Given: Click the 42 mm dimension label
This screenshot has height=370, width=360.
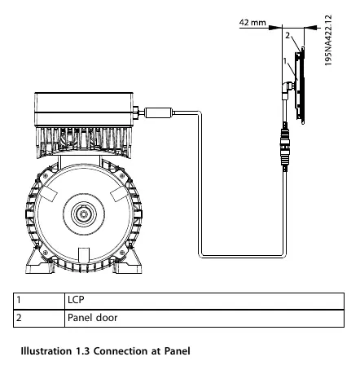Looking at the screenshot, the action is coord(252,22).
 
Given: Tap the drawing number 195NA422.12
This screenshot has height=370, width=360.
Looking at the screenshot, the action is coord(328,40).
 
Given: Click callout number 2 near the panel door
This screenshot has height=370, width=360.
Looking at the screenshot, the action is coord(288,35).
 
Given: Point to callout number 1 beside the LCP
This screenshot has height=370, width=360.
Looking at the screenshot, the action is coord(285,60).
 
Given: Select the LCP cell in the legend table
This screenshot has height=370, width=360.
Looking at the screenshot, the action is coord(204,301).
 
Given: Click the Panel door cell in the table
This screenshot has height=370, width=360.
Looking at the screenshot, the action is coord(204,318).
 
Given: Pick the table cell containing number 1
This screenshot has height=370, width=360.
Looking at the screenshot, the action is coord(39,301).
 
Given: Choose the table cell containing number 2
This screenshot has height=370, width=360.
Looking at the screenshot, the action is coord(39,318).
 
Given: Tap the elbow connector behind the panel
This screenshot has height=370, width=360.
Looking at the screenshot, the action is coord(287,90).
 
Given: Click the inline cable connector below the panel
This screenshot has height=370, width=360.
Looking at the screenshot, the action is coord(285,147).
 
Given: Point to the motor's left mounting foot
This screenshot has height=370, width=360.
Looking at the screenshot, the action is coord(39,262).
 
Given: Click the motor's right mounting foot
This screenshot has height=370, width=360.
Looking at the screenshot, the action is coord(128,262).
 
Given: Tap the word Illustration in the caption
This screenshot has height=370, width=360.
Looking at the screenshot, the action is coord(46,351).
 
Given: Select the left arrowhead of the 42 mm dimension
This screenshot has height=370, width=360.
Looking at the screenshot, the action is coord(274,27).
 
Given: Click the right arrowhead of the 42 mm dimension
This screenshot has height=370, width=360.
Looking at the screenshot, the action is coord(310,27).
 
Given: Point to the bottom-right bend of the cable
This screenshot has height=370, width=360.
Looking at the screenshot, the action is coord(283,255).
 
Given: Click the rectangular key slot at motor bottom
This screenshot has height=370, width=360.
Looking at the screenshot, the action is coord(83,256).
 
